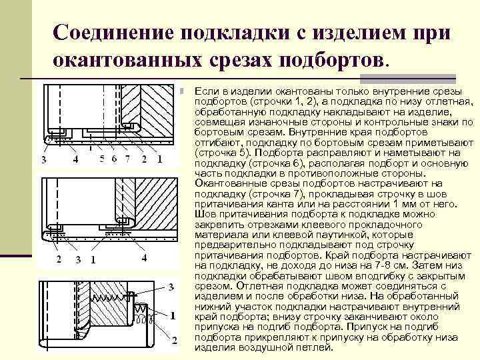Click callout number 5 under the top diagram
tap(102, 159)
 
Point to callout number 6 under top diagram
tap(114, 159)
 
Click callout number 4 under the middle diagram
tap(144, 257)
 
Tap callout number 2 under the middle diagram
tap(59, 259)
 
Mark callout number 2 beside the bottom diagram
tap(174, 341)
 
